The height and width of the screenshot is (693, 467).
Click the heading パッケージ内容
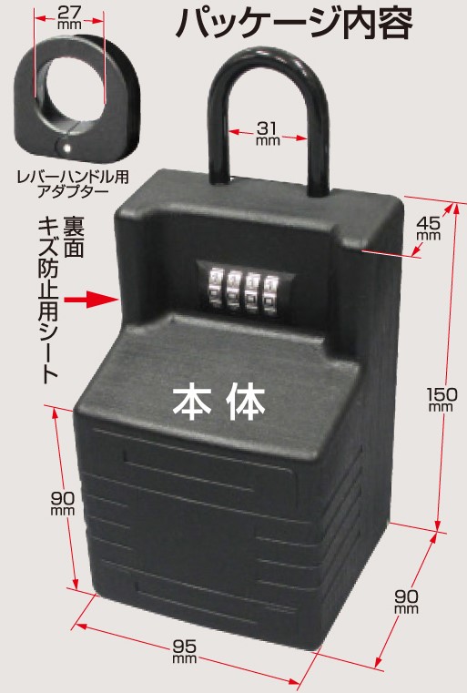click(294, 23)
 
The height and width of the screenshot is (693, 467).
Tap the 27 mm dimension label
click(69, 16)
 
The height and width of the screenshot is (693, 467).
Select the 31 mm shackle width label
click(268, 133)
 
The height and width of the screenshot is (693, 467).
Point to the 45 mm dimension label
click(428, 227)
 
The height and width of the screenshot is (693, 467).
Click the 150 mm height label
click(442, 400)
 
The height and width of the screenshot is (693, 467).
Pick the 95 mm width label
click(184, 651)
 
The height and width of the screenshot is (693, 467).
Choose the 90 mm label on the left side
click(63, 504)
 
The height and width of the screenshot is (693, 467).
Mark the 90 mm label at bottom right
click(406, 602)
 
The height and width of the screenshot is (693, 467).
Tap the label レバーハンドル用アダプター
click(73, 184)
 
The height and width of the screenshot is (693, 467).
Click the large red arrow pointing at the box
click(91, 300)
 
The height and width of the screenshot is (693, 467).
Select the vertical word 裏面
click(74, 237)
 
